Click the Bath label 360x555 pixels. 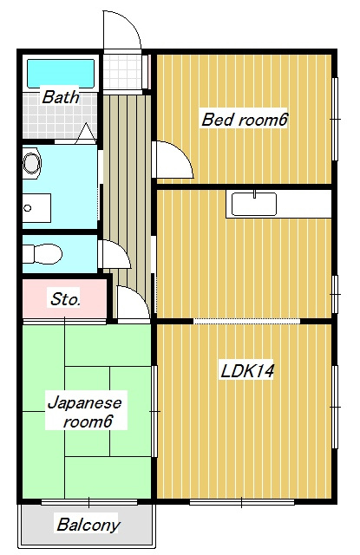tap(61, 97)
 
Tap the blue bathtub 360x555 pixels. tap(61, 73)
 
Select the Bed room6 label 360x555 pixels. tap(244, 120)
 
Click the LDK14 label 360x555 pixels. tap(247, 371)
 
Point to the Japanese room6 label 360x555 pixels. tap(85, 413)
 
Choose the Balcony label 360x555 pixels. tap(88, 525)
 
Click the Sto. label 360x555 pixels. tap(65, 299)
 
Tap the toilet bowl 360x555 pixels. tap(43, 254)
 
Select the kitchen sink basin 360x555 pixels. tap(254, 204)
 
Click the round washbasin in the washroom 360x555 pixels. tap(31, 164)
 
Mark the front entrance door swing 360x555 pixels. tap(122, 29)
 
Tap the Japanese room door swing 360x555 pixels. tap(134, 302)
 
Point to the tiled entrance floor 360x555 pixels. tap(122, 72)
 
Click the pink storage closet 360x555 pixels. tap(64, 299)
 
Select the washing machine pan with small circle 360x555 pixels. tap(36, 208)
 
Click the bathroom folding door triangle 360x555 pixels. tap(85, 134)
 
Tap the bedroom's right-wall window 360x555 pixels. tap(335, 119)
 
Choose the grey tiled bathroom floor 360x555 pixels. tap(60, 115)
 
